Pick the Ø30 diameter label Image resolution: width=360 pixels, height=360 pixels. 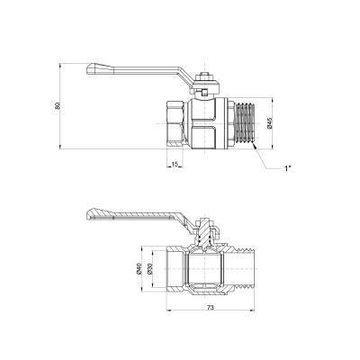[x=150, y=267]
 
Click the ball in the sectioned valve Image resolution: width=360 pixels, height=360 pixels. [x=206, y=267]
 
